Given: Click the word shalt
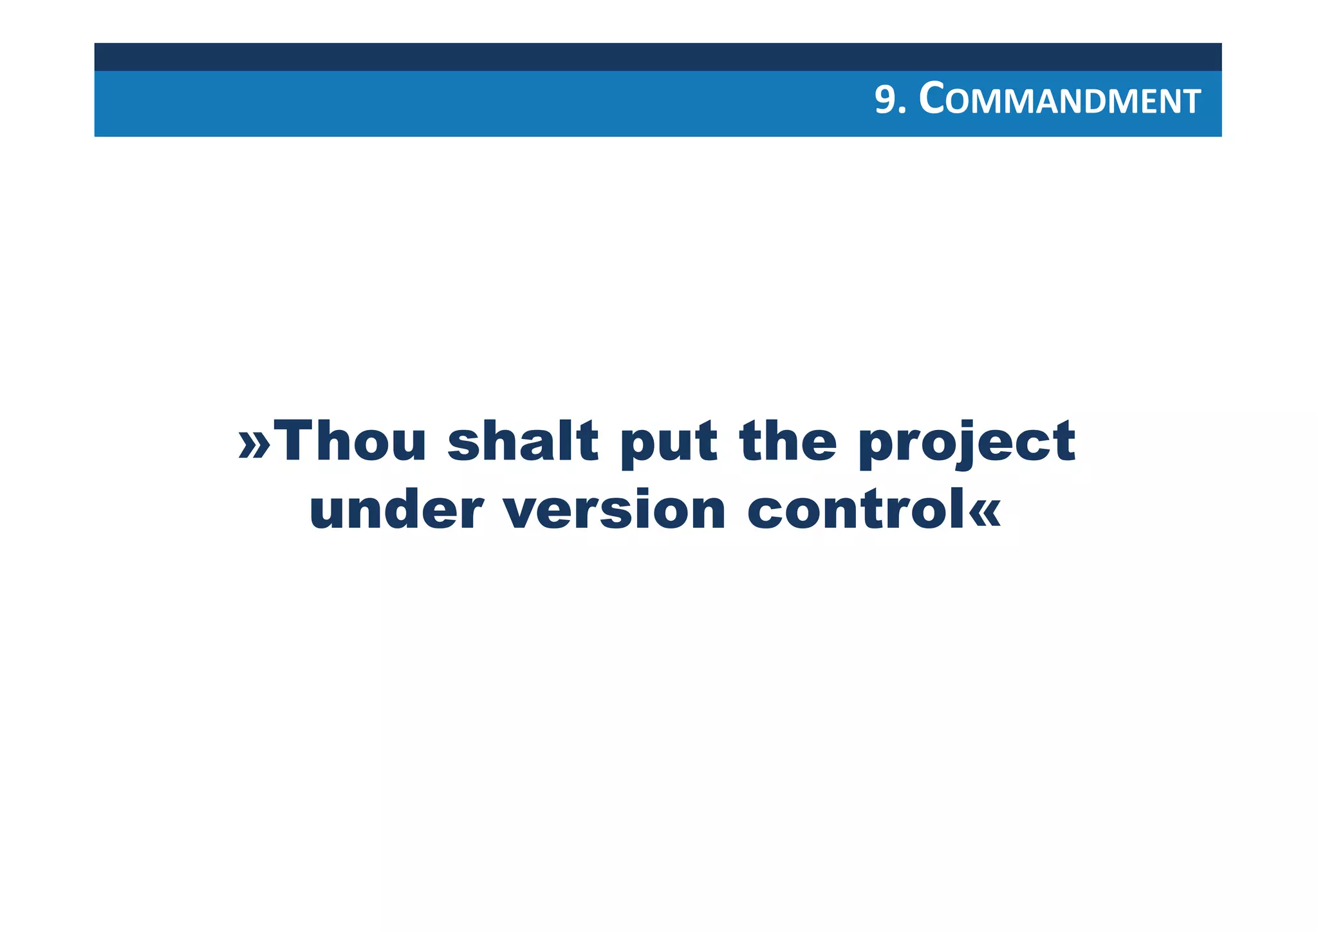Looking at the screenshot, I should (x=523, y=441).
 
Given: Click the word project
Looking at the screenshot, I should (x=967, y=444).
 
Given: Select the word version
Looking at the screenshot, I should (x=615, y=510).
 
